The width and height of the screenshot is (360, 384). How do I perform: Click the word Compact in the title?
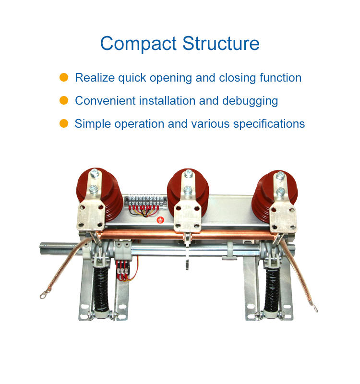tap(138, 44)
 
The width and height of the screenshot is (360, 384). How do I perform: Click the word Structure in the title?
tap(221, 44)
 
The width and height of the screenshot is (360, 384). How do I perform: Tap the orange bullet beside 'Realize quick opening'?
tap(64, 78)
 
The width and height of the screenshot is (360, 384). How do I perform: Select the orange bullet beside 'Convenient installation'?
tap(64, 101)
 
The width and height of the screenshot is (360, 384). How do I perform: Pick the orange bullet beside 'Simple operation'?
tap(64, 124)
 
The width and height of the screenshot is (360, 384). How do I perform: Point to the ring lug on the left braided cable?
tap(43, 295)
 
